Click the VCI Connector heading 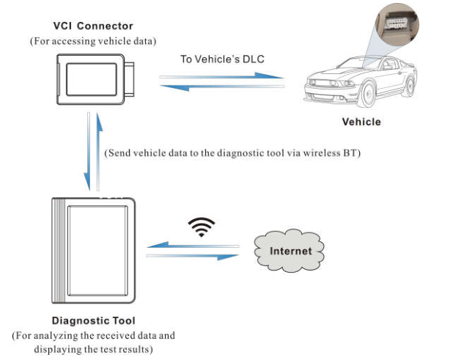pyautogui.click(x=93, y=26)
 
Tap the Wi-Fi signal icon pyautogui.click(x=202, y=227)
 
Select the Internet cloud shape pyautogui.click(x=289, y=251)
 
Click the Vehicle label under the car pyautogui.click(x=361, y=122)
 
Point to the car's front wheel pyautogui.click(x=367, y=93)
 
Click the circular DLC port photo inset pyautogui.click(x=397, y=25)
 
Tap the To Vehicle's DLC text pyautogui.click(x=222, y=59)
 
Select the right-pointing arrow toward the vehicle pyautogui.click(x=221, y=76)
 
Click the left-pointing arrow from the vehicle pyautogui.click(x=222, y=87)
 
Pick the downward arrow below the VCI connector pyautogui.click(x=87, y=151)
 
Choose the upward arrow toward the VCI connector pyautogui.click(x=98, y=151)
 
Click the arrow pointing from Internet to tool pyautogui.click(x=193, y=246)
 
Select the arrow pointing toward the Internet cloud pyautogui.click(x=193, y=257)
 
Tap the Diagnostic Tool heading pyautogui.click(x=93, y=320)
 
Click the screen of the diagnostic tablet pyautogui.click(x=97, y=251)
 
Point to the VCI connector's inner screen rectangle pyautogui.click(x=92, y=79)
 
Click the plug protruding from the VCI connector pyautogui.click(x=130, y=79)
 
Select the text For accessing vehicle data pyautogui.click(x=93, y=41)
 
